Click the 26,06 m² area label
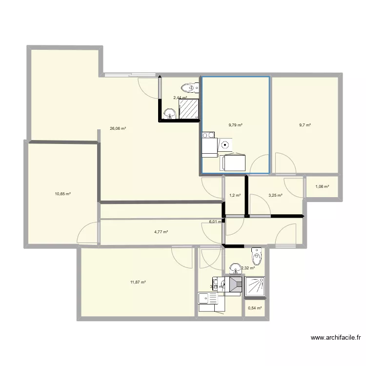pos(118,129)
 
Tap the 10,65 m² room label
pos(62,194)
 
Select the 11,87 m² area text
pos(138,282)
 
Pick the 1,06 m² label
pos(322,186)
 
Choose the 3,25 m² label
pos(275,196)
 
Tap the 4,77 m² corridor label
pos(161,232)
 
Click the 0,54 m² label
pos(255,308)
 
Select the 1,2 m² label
pos(235,196)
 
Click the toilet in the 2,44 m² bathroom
pos(190,88)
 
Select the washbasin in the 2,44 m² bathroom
pos(169,114)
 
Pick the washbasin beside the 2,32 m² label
pos(235,268)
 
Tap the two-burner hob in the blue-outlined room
pos(209,135)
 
